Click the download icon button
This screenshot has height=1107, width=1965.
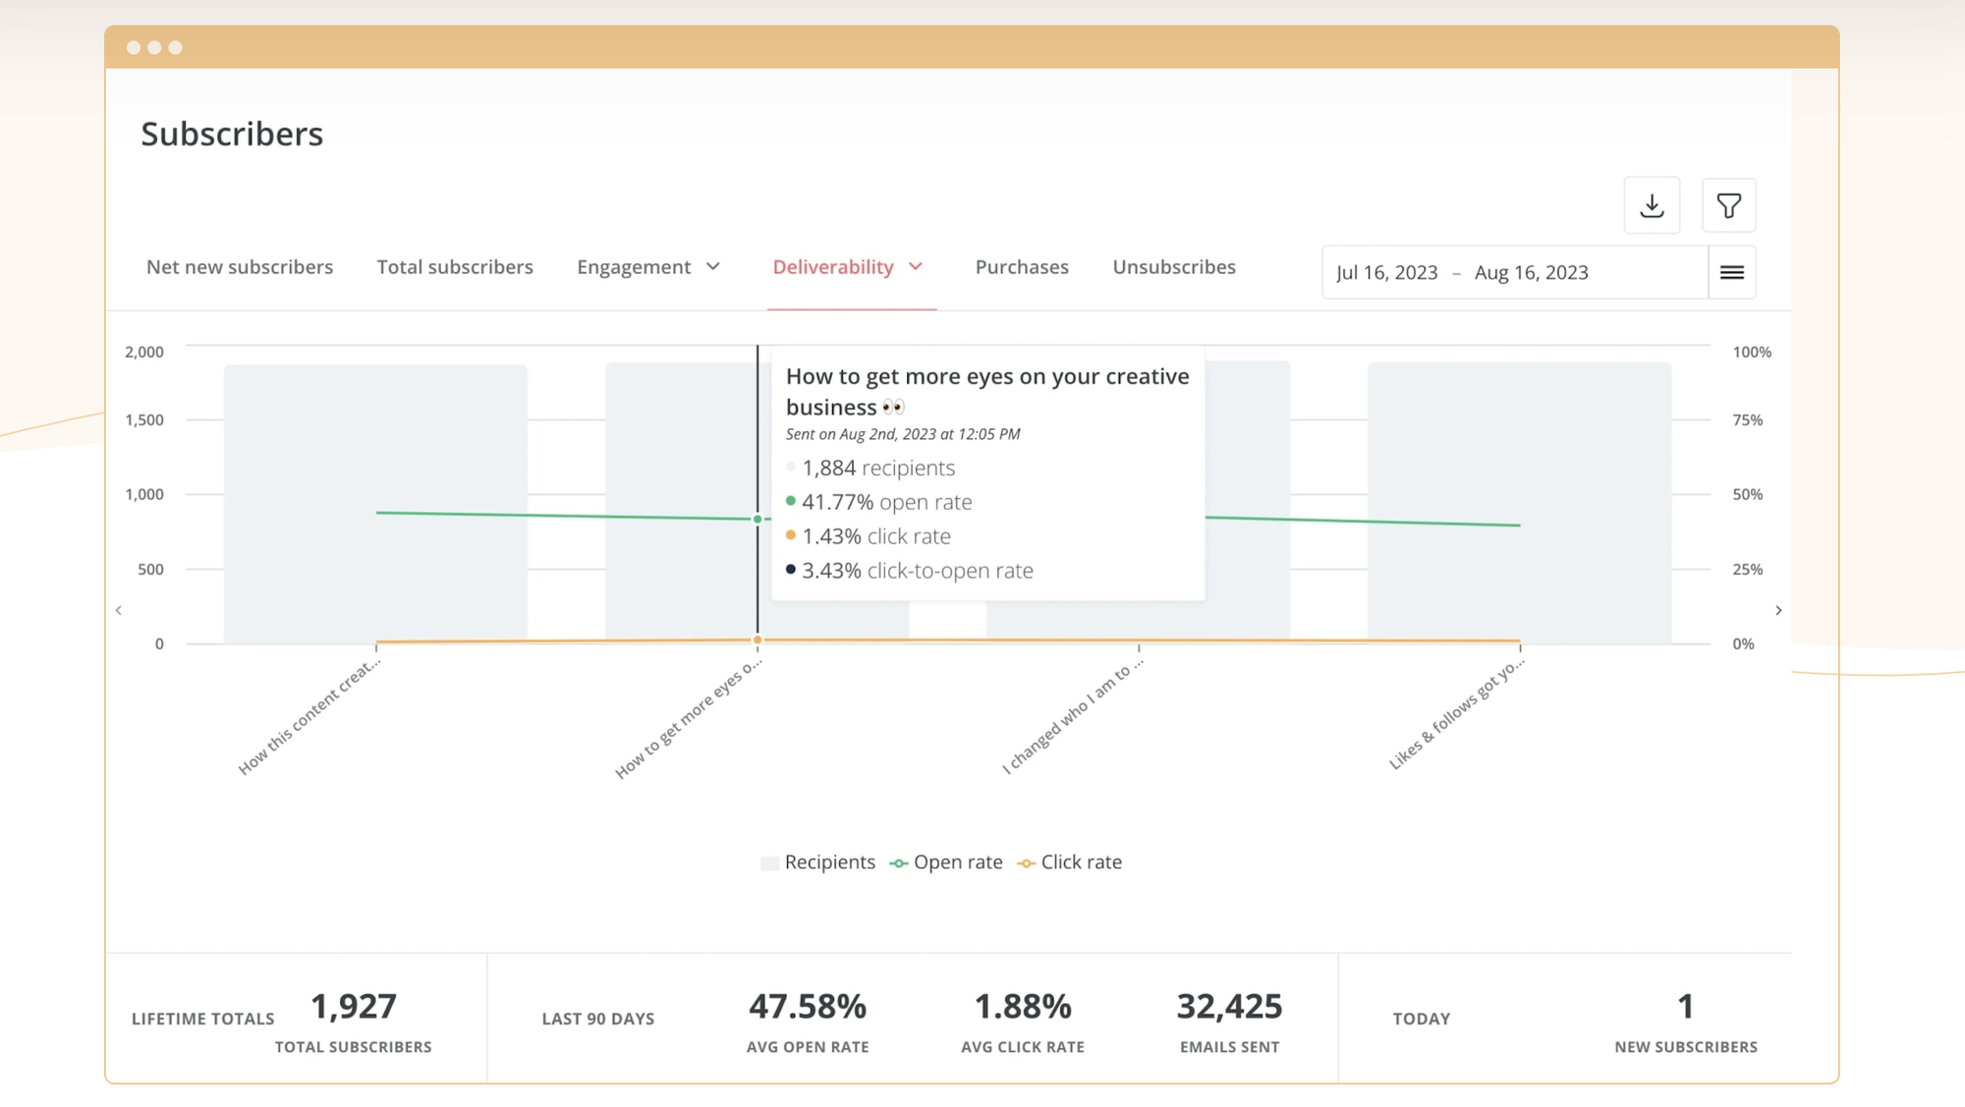coord(1652,205)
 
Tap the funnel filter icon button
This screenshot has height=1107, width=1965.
coord(1728,205)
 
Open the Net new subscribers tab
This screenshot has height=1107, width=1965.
coord(240,267)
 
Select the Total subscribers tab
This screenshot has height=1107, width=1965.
coord(455,267)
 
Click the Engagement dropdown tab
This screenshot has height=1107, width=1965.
coord(648,267)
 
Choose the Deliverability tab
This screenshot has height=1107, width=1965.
coord(848,267)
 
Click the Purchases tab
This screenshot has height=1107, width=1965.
coord(1022,267)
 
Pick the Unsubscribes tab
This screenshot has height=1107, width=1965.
coord(1174,267)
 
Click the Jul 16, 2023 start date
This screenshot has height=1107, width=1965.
coord(1386,273)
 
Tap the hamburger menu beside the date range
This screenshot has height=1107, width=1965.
coord(1732,273)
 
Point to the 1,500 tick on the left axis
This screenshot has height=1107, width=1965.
coord(144,420)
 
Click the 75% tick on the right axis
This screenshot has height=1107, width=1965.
coord(1747,420)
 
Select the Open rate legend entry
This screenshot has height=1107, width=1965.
coord(946,862)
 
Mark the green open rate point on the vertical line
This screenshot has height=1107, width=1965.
coord(758,519)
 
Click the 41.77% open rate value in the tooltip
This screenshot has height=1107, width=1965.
coord(837,502)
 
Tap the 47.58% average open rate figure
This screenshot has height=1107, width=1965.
coord(808,1007)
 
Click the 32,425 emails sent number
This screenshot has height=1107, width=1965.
coord(1229,1007)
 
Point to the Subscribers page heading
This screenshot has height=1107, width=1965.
coord(232,135)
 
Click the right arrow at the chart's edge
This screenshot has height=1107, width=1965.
coord(1778,611)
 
